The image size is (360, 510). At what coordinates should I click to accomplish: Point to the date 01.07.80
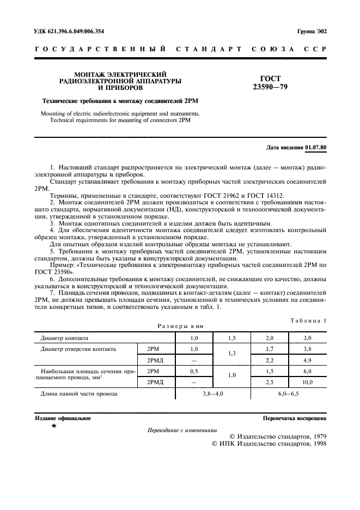[316, 148]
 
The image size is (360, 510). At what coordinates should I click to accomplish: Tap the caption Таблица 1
[308, 320]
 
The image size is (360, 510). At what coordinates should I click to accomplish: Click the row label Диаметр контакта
[64, 338]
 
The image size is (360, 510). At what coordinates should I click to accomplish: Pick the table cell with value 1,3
[231, 354]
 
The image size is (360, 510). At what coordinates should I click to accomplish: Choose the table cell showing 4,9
[306, 360]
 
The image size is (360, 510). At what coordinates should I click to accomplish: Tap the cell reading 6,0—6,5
[288, 393]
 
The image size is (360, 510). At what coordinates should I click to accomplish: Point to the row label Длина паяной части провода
[80, 393]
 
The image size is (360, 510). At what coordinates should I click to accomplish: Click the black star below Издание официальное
[53, 426]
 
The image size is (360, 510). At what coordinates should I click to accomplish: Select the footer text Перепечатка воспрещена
[294, 418]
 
